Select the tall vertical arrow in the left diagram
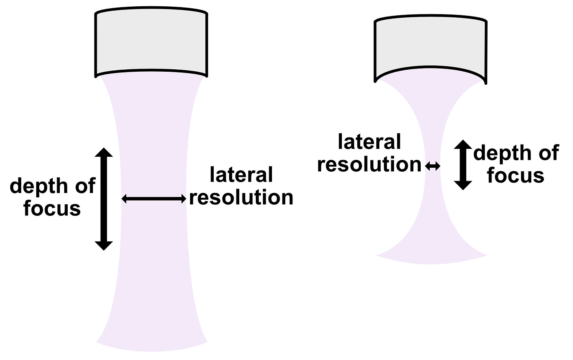(x=104, y=199)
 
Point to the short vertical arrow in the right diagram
(x=463, y=165)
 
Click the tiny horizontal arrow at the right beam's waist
(x=433, y=167)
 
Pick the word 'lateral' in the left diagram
(x=241, y=174)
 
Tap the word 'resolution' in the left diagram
(x=241, y=197)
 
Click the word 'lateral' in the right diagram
(x=369, y=142)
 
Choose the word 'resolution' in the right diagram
(x=369, y=164)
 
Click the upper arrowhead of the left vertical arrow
(x=104, y=153)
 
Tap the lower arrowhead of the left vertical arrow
(x=104, y=245)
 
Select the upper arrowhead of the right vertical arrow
(x=463, y=145)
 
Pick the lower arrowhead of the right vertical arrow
(x=463, y=185)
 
